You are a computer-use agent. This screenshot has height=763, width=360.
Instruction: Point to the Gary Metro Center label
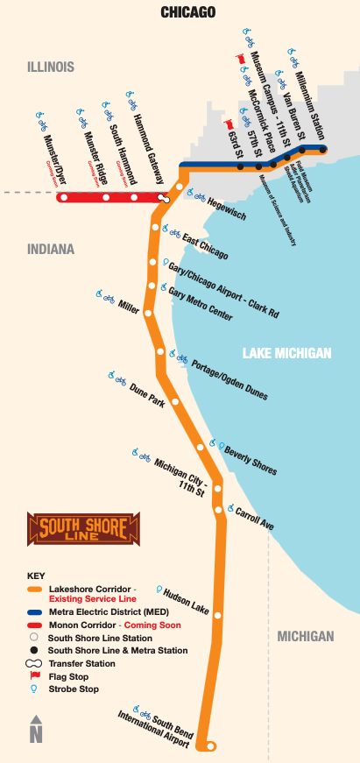(x=201, y=302)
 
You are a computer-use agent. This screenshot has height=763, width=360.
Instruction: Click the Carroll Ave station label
(x=255, y=518)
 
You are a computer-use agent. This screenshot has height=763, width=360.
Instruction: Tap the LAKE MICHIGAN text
(x=286, y=353)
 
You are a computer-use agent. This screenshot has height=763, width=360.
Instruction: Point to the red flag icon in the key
(x=36, y=675)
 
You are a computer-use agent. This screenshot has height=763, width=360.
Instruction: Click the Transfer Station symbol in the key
(x=36, y=663)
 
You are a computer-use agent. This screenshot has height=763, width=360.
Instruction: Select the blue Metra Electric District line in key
(x=36, y=612)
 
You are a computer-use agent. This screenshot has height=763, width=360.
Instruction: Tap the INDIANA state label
(x=50, y=249)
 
